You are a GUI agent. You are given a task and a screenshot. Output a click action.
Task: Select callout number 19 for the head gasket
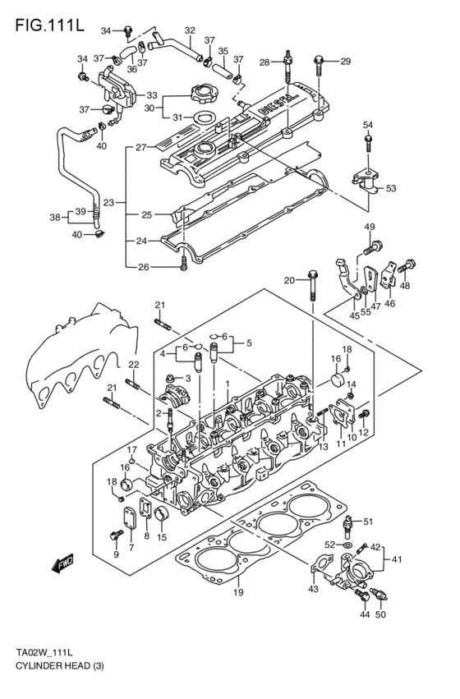click(238, 591)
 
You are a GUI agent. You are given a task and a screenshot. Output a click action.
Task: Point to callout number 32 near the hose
click(190, 30)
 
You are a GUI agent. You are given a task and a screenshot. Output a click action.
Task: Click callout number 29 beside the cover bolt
click(345, 61)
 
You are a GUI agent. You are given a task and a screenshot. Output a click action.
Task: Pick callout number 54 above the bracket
click(367, 124)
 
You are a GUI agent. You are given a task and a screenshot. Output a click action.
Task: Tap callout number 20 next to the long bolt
click(289, 280)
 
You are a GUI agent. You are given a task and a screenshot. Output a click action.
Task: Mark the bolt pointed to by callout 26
click(184, 264)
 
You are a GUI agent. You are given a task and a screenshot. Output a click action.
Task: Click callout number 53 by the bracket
click(390, 188)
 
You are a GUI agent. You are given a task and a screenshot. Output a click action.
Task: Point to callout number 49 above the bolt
click(369, 227)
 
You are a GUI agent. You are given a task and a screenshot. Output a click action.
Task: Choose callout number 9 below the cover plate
click(116, 554)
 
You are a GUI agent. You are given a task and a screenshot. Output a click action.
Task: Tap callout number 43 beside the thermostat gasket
click(313, 589)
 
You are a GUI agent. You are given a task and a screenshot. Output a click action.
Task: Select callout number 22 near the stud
click(133, 364)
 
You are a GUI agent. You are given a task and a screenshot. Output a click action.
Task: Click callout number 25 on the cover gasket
click(146, 215)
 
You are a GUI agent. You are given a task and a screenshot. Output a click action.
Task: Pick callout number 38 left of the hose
click(54, 218)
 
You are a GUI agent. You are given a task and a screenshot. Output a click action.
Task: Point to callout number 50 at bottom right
click(379, 614)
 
